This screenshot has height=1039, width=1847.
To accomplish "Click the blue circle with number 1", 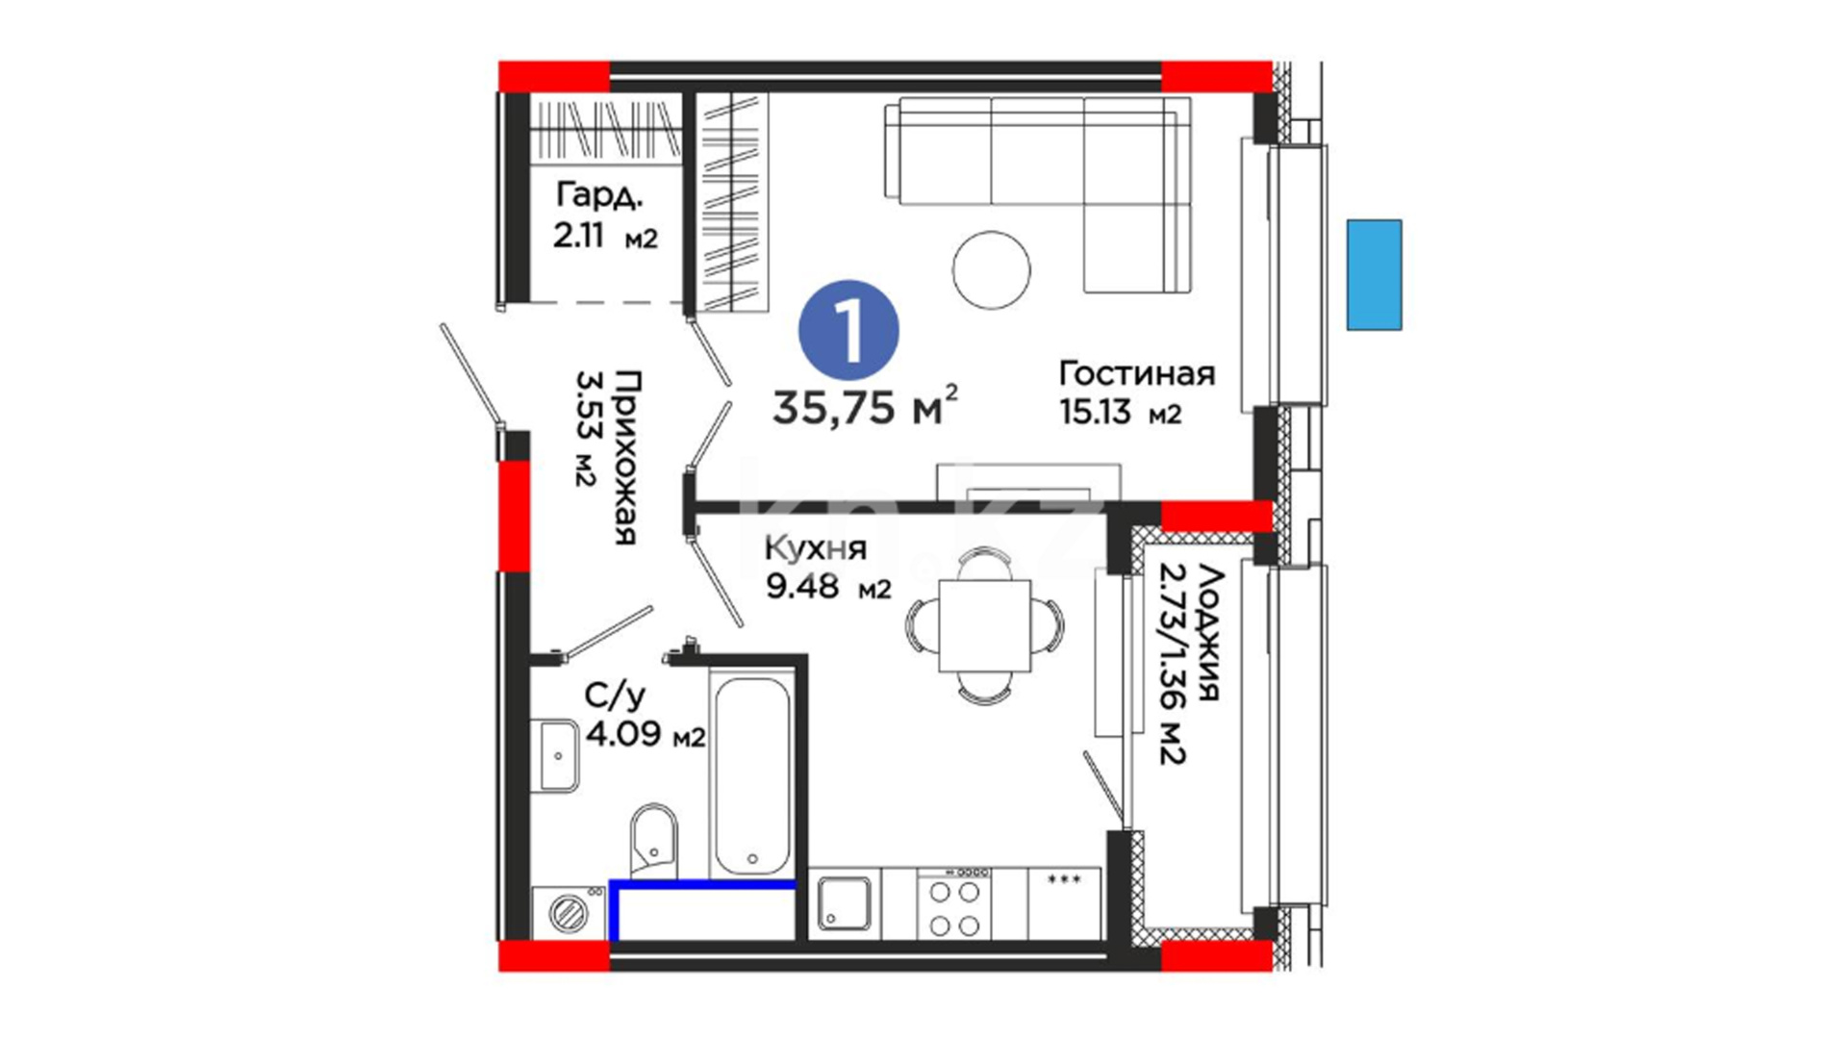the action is coord(848,330).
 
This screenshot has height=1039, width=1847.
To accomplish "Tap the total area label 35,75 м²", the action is coord(865,406).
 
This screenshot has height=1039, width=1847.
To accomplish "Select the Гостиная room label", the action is coord(1137,373).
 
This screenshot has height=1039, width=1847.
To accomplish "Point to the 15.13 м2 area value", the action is coord(1120,413).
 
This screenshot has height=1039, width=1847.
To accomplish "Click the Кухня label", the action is coord(816,548).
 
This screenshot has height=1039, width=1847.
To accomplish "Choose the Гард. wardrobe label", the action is coord(598,196).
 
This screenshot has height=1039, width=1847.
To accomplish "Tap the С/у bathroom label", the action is coord(615,696).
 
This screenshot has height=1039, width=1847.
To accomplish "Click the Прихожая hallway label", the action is coord(626,457).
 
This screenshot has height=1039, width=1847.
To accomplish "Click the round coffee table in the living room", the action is coord(991,270).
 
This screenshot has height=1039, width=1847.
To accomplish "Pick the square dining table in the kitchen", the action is coord(984,625).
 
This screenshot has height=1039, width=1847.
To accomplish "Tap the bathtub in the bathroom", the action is coord(751,774).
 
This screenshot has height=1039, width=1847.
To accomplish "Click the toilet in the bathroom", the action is coord(654,840).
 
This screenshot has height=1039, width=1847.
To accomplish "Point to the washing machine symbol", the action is coord(568,911).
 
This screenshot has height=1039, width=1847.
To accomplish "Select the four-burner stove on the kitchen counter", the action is coord(954,903).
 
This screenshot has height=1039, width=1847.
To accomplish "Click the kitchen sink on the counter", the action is coord(844,903).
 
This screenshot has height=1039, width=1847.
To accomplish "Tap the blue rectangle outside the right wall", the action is coord(1374,275).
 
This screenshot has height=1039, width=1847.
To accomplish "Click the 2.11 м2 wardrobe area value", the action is coord(605,236).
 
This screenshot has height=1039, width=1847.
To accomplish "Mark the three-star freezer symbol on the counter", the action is coord(1064,879).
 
